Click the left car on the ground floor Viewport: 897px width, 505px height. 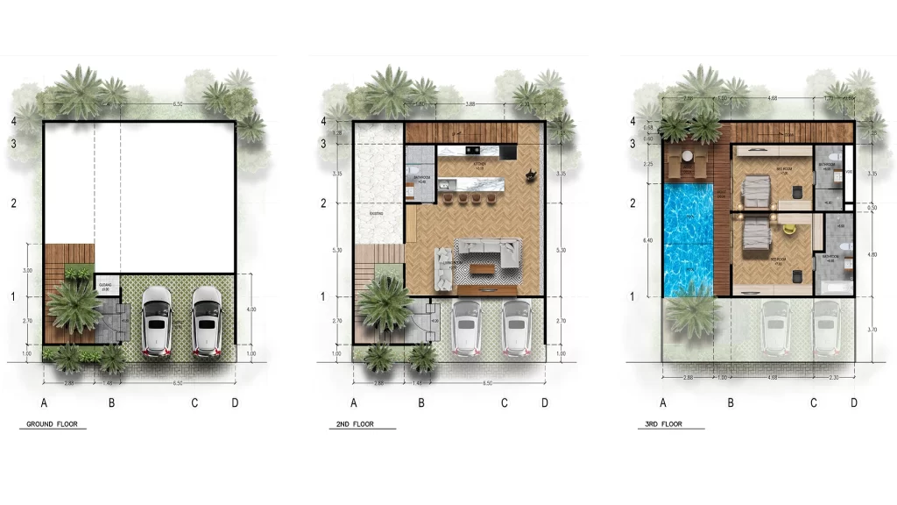(156, 322)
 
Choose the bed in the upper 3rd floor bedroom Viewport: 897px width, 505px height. (755, 188)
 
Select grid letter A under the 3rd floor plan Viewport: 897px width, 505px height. (663, 403)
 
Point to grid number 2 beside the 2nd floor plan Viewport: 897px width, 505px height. (324, 203)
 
